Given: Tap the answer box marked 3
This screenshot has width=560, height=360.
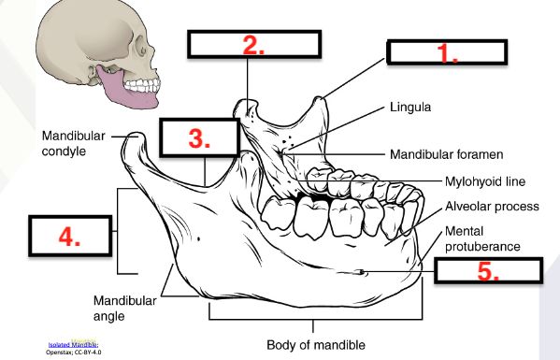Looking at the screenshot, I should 197,138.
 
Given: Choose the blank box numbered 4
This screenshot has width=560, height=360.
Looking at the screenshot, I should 68,238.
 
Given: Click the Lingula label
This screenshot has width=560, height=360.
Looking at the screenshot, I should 410,108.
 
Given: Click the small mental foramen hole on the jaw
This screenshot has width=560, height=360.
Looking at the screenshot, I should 361,273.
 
